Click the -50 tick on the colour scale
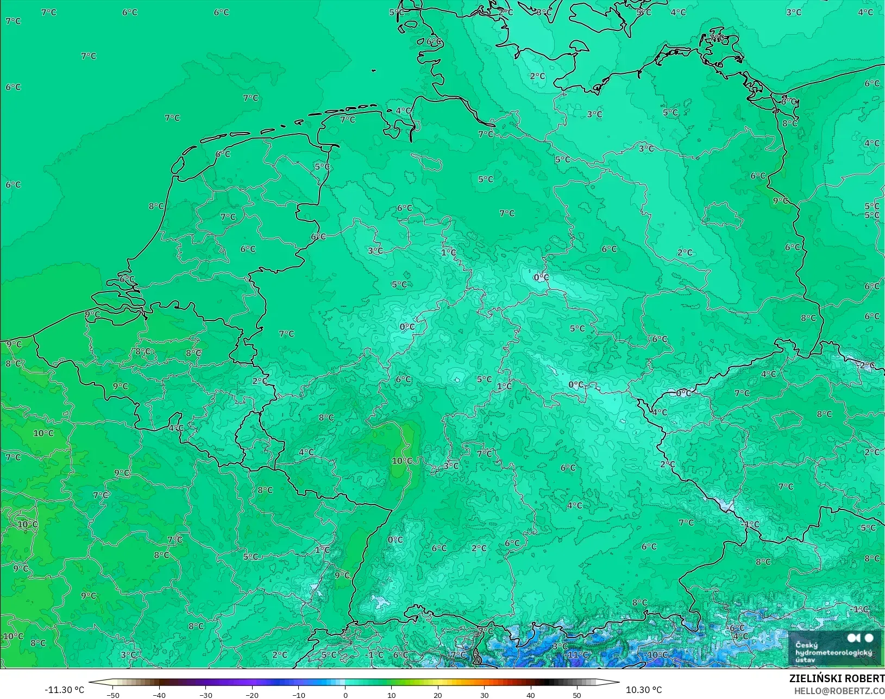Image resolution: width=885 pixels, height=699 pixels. click(112, 695)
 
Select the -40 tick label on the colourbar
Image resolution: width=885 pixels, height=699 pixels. click(159, 695)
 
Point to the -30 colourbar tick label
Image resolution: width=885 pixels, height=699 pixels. click(205, 695)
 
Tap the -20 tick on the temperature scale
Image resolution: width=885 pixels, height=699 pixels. click(252, 695)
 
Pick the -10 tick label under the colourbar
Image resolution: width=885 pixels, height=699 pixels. click(298, 695)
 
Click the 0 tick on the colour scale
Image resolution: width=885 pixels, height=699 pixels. click(345, 695)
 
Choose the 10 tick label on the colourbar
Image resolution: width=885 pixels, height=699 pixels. click(391, 695)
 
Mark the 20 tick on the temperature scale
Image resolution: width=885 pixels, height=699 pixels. click(438, 695)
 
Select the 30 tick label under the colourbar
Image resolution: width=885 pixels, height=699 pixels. click(484, 695)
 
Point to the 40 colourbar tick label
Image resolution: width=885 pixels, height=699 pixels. click(531, 695)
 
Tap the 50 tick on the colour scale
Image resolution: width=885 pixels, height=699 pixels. click(577, 695)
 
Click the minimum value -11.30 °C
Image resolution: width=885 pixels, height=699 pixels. click(64, 690)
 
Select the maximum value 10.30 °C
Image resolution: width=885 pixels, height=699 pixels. click(644, 690)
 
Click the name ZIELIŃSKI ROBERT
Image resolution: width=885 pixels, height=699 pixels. click(837, 678)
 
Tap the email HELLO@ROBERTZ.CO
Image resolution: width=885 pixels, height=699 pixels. click(839, 691)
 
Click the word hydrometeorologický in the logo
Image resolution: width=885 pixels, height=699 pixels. click(833, 652)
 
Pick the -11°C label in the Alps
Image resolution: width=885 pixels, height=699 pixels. click(577, 654)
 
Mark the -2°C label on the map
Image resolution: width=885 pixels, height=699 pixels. click(867, 365)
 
